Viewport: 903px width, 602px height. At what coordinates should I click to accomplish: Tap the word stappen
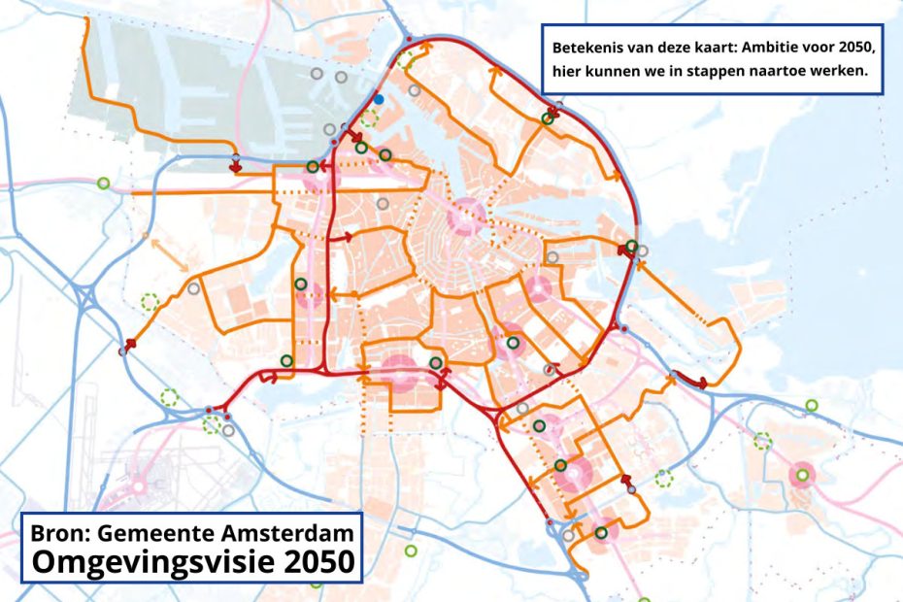(744, 71)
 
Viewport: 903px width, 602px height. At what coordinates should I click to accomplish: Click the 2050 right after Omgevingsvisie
(316, 561)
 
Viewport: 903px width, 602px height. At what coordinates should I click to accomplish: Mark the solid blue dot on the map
(379, 99)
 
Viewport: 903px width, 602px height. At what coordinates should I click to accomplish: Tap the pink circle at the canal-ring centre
(465, 215)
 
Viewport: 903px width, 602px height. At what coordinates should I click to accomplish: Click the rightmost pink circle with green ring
(802, 475)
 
